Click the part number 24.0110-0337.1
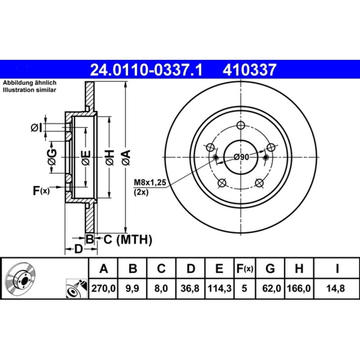tap(146, 70)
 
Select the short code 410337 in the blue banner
tap(249, 70)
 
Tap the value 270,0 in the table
tap(103, 288)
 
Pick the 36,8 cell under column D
tap(190, 288)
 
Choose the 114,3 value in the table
tap(220, 288)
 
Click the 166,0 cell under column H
tap(299, 288)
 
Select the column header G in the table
tap(270, 268)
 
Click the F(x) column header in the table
tap(245, 268)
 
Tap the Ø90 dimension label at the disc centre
tap(241, 157)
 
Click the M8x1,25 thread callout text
tap(150, 183)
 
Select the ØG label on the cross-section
tap(52, 157)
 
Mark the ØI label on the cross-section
tap(37, 128)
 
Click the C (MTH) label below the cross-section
tap(128, 240)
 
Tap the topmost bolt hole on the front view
tap(241, 126)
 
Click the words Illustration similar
tap(29, 90)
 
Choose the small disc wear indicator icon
tap(76, 288)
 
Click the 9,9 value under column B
tap(132, 288)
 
